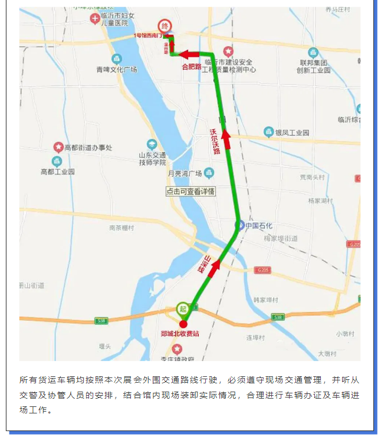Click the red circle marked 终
tap(165, 26)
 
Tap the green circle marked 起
tap(182, 308)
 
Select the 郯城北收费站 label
tap(180, 334)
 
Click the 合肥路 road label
tap(191, 67)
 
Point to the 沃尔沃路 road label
tap(215, 142)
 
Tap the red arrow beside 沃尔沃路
tap(226, 139)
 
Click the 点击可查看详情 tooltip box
tap(190, 192)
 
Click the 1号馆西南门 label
tap(147, 35)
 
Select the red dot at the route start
tap(183, 324)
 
